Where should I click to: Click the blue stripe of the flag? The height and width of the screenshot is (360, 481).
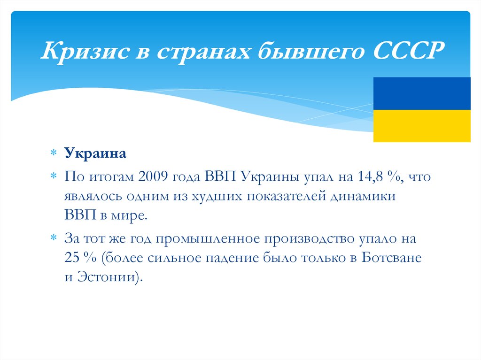(x=421, y=93)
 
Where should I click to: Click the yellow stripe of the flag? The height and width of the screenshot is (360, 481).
(x=421, y=126)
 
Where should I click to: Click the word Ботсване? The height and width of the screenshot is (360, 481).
(x=392, y=258)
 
